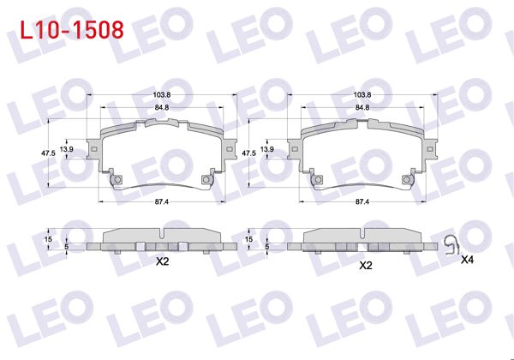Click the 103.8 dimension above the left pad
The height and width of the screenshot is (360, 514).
coord(162,93)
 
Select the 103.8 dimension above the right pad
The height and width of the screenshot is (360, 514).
coord(362,93)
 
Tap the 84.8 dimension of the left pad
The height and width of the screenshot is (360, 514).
coord(162,107)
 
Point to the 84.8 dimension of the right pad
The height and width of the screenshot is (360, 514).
coord(362,107)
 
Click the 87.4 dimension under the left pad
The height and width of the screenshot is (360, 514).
coord(162,201)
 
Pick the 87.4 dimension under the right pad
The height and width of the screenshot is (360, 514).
coord(362,201)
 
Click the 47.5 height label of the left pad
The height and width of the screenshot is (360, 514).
coord(48,153)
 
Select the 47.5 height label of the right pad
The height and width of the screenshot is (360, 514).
coord(248,153)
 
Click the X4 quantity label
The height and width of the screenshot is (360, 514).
coord(467,259)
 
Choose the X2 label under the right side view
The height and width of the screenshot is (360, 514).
coord(364,265)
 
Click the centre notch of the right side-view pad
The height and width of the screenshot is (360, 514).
coord(362,234)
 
